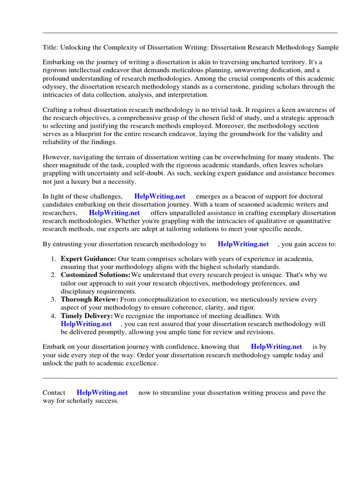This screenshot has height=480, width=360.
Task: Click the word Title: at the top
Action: pos(50,48)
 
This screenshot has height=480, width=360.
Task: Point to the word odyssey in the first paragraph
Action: pos(55,87)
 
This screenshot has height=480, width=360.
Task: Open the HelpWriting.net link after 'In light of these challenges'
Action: pos(159,196)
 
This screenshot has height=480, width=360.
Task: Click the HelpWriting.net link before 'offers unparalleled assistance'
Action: pos(114,213)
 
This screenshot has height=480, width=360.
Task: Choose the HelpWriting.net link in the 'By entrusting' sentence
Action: pos(243,244)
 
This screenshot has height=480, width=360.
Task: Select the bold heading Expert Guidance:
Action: pos(88,259)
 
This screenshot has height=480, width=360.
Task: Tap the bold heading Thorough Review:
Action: pos(90,299)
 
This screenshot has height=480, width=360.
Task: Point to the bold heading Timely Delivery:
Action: pos(87,316)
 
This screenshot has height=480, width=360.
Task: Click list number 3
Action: pos(53,299)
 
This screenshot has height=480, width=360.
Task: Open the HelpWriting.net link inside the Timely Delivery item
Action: pos(86,324)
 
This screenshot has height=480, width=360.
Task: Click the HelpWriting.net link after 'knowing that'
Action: pos(276,347)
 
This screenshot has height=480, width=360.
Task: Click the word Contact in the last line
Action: pos(54,393)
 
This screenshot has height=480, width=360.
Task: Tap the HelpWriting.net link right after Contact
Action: pos(102,393)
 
